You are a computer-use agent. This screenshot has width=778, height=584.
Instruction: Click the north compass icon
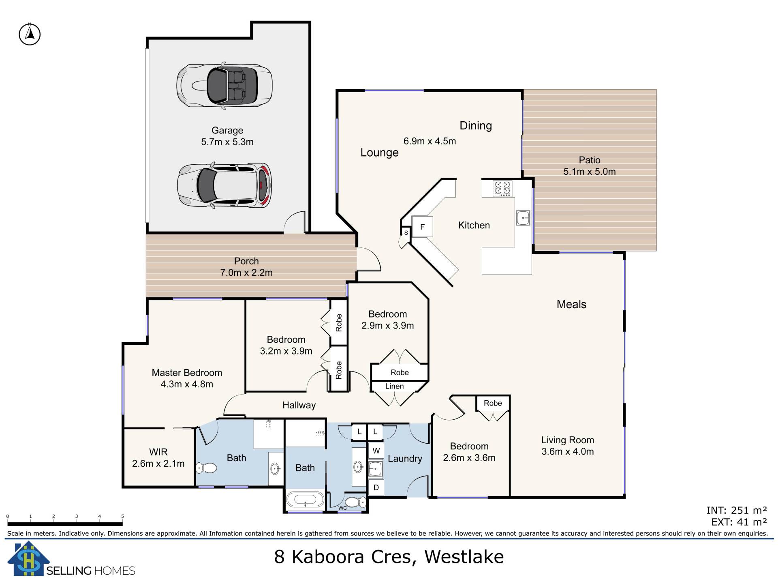(30, 34)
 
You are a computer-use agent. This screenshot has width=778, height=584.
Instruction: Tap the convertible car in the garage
(224, 86)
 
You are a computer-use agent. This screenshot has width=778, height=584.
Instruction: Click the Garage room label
(227, 131)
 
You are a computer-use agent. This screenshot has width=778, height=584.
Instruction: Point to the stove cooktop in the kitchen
(502, 189)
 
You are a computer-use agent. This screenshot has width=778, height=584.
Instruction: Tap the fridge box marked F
(422, 227)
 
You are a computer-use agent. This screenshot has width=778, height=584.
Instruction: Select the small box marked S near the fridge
(406, 233)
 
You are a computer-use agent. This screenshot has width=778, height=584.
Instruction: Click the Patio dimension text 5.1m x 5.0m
(590, 172)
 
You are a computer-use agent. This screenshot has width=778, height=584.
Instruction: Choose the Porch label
(246, 261)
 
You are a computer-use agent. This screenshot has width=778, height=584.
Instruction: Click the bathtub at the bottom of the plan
(305, 500)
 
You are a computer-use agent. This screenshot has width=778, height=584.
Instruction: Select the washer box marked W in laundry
(376, 451)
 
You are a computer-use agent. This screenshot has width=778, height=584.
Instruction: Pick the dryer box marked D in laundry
(376, 487)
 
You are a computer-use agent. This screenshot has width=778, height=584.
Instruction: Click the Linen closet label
(394, 386)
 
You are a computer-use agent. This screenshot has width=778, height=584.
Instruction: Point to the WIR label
(158, 452)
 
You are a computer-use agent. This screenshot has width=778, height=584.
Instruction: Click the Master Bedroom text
(187, 373)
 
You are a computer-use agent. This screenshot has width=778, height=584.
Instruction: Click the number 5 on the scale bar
(122, 516)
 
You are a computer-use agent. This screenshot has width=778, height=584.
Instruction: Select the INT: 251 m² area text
(737, 510)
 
